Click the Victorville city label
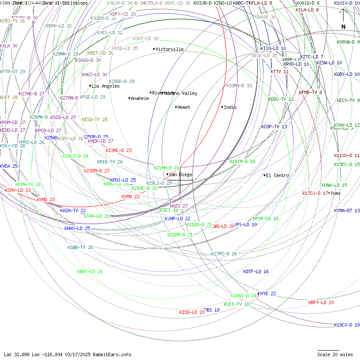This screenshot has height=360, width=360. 169,49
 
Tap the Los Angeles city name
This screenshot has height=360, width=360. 105,86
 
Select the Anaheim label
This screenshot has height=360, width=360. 140,98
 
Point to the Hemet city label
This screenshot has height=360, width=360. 184,107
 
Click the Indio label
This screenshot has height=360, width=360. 230,107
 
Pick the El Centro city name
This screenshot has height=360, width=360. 277,175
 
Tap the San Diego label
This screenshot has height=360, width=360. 180,174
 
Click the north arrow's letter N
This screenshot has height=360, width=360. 343,27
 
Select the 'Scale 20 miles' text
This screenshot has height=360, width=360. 335,354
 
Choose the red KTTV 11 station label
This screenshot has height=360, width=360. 280,72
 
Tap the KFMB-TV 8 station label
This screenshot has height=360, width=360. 310,92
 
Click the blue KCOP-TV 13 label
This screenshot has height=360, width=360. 274,127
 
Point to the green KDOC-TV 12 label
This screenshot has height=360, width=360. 281,99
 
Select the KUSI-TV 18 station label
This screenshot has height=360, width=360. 236,304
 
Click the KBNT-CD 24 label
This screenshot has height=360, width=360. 90,271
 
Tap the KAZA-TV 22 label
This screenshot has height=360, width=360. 73,210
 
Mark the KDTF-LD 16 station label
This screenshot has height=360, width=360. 256,271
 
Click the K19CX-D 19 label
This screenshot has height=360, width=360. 347,325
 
